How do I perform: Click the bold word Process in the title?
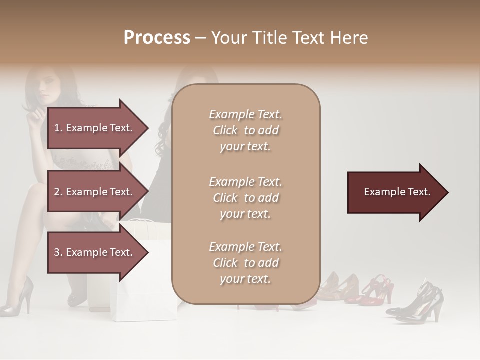pos(157,38)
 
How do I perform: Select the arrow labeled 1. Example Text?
pos(97,128)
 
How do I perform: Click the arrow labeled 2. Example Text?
pos(97,192)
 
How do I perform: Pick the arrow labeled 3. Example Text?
pos(97,252)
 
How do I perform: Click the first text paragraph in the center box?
pos(245,130)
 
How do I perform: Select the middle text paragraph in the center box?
pos(245,198)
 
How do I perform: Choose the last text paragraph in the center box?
pos(245,263)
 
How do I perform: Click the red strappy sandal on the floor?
pos(377,290)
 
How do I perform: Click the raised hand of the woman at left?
pos(35,118)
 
